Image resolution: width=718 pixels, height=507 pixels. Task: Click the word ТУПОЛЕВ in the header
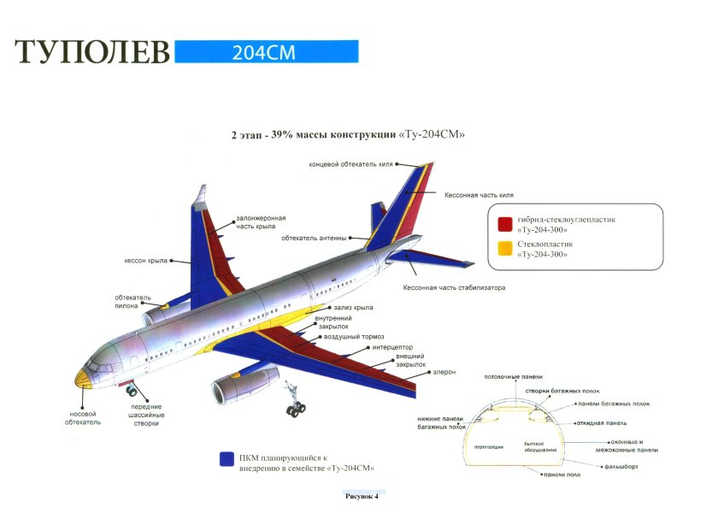click(x=92, y=53)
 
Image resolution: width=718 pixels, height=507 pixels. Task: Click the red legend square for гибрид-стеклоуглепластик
click(x=505, y=224)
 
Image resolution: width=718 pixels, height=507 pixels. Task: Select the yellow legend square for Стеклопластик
click(x=505, y=248)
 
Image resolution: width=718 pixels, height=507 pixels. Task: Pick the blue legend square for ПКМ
click(x=227, y=459)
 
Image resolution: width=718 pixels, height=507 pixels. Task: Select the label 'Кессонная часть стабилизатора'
click(x=454, y=287)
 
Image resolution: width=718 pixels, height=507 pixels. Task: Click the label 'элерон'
click(x=444, y=372)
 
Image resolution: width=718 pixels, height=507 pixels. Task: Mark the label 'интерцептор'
click(x=392, y=347)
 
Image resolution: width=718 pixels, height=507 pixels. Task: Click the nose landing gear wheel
click(x=132, y=392)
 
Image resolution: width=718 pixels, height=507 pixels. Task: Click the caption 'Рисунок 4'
click(x=361, y=495)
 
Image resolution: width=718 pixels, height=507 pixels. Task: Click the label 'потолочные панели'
click(x=513, y=377)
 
